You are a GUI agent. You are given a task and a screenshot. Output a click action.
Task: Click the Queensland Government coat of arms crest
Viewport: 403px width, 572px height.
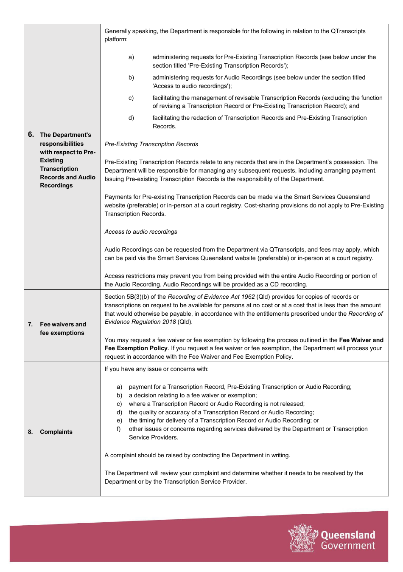[303, 538]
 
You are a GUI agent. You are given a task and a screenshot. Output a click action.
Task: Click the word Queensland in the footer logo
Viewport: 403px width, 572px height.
[348, 535]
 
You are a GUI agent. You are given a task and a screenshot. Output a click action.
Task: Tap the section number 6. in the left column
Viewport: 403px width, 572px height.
[31, 135]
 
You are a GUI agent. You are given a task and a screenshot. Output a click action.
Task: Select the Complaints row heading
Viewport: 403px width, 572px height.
[56, 432]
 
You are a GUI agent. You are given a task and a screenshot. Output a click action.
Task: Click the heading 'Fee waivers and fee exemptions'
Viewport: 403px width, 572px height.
[63, 328]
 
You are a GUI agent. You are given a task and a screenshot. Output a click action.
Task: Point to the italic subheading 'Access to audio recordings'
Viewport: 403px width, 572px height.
[141, 232]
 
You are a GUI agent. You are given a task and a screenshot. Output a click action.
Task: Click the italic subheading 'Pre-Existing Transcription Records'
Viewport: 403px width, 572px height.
[151, 144]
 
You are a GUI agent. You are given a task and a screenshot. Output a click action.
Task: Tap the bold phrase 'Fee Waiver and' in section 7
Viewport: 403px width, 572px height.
[361, 340]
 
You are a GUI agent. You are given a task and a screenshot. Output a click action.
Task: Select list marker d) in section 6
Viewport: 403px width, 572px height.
[131, 118]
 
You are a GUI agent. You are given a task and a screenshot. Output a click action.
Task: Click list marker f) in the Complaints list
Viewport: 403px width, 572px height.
[119, 429]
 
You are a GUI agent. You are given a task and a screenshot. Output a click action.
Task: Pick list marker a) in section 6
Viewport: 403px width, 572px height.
[131, 57]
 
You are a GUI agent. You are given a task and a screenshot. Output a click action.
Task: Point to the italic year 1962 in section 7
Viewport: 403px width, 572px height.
[248, 297]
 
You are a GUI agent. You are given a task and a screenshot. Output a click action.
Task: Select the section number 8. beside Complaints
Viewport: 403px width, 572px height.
[31, 432]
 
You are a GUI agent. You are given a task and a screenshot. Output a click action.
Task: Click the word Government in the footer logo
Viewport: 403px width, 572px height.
[348, 546]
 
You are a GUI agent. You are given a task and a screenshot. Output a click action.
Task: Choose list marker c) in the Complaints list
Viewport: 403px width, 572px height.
[119, 404]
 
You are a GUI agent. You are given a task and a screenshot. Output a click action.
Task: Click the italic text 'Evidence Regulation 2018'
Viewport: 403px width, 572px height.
[140, 322]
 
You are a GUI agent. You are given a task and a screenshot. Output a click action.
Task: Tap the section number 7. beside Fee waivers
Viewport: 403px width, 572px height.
[31, 324]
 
